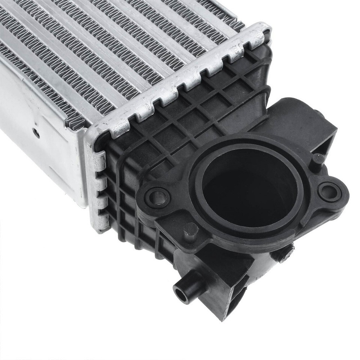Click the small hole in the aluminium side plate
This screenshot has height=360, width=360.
(x=35, y=132)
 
